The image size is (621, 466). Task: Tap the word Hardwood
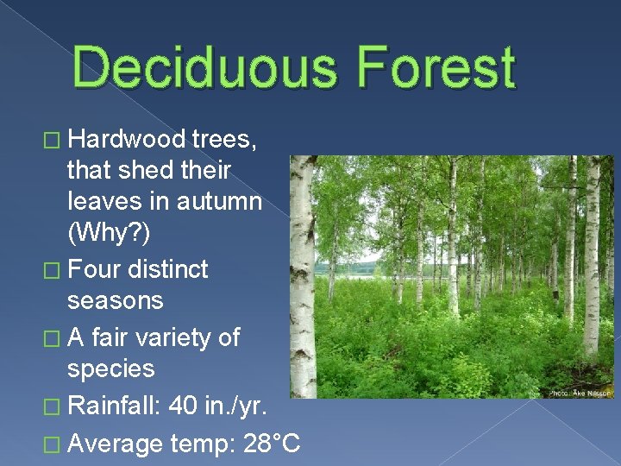click(x=127, y=139)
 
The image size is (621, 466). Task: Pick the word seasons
click(x=115, y=301)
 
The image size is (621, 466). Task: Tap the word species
click(x=110, y=368)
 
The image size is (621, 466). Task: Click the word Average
click(x=114, y=444)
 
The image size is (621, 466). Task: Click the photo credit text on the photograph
click(x=580, y=393)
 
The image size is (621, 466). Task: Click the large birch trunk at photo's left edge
click(x=302, y=276)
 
